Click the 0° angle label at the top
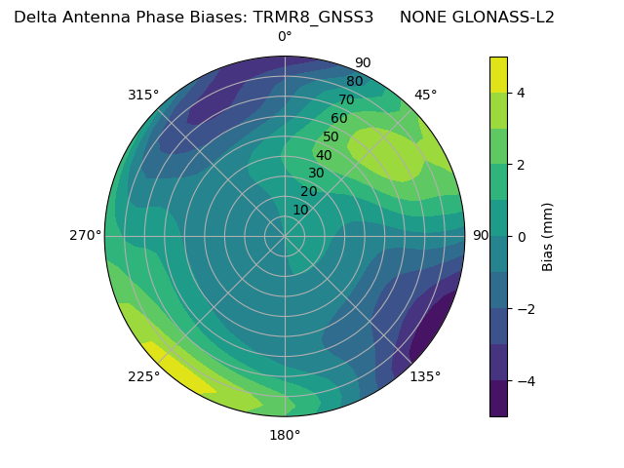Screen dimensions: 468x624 285,37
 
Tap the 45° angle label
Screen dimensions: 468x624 425,95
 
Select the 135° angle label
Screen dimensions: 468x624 425,376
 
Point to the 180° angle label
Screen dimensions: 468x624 285,435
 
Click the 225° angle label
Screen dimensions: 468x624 143,376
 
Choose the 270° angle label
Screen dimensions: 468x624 85,235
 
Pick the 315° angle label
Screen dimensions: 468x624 143,95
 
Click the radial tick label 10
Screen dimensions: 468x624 300,210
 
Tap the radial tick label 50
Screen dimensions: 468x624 331,137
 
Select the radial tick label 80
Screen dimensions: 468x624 354,82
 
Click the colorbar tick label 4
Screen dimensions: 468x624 522,93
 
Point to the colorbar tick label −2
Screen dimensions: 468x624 525,309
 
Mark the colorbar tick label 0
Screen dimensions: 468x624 522,237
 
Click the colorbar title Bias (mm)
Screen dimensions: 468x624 548,236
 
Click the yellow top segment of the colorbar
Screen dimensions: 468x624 498,74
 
